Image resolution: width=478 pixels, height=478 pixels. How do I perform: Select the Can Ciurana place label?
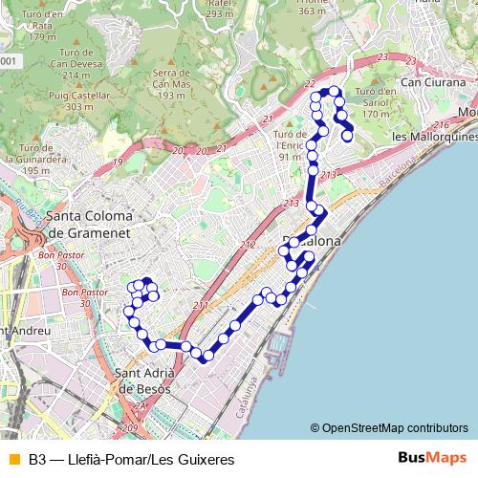[433, 82]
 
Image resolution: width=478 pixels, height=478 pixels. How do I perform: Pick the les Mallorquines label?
[435, 136]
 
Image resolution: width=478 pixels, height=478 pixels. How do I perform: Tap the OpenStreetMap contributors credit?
[389, 427]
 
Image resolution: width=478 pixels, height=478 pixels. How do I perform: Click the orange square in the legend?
[13, 459]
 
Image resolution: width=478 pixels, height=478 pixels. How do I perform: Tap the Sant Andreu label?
[23, 331]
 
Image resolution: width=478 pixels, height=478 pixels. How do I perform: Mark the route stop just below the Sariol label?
[348, 136]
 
